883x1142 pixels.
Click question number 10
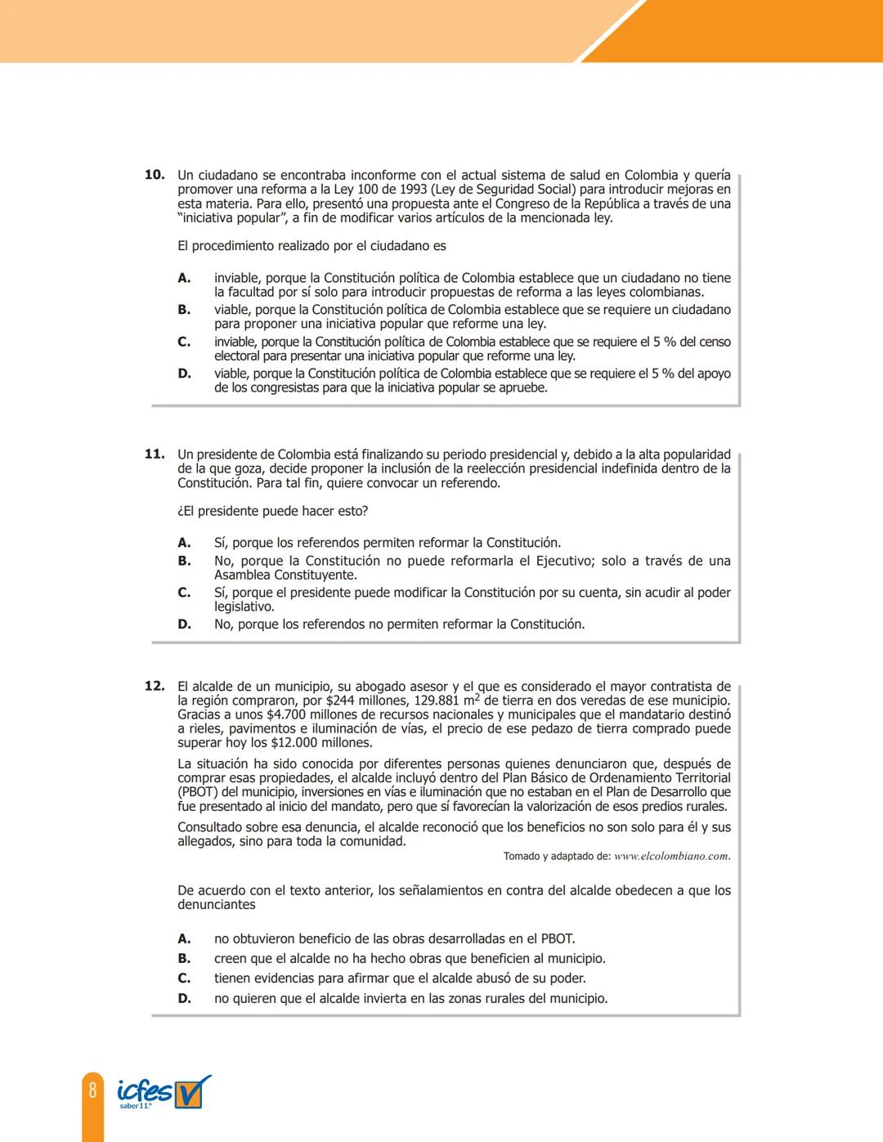(155, 175)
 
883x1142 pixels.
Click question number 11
(155, 454)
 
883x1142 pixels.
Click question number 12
(155, 687)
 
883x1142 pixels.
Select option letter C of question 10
(184, 342)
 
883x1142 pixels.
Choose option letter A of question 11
(184, 543)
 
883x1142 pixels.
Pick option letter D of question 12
(184, 998)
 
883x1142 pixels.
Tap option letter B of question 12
(184, 958)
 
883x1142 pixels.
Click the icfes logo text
(144, 1091)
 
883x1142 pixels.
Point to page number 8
(92, 1090)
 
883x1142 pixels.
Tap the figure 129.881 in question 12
(437, 701)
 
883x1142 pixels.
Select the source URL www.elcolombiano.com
(671, 856)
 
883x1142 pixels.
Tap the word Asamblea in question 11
(242, 575)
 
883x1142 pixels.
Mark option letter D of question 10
(184, 374)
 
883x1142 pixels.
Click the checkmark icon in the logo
(192, 1091)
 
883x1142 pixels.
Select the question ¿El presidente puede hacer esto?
(273, 511)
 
